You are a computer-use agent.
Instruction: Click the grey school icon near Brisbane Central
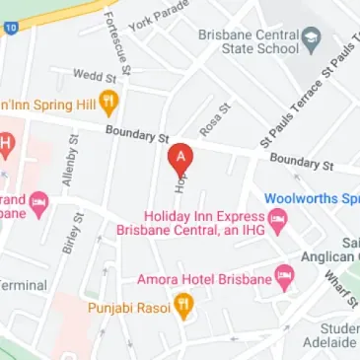[312, 41]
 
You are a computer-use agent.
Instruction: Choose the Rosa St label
[212, 120]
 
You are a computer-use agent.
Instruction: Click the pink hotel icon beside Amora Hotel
[286, 279]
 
